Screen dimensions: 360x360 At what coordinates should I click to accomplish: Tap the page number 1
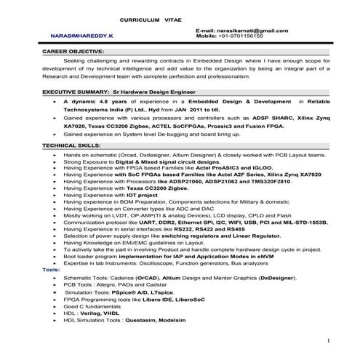[x=329, y=340]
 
